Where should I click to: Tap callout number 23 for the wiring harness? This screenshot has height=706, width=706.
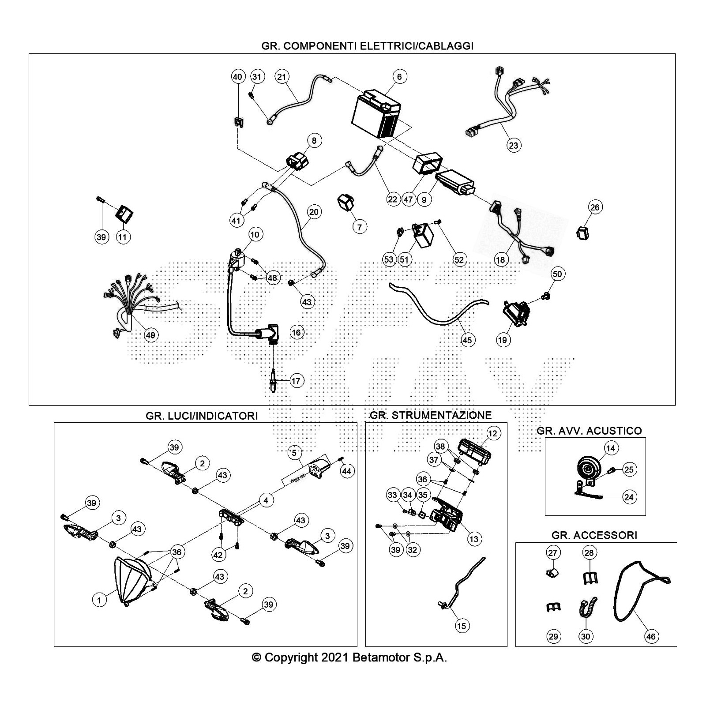pyautogui.click(x=514, y=145)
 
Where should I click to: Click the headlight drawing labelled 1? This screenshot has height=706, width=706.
pyautogui.click(x=131, y=582)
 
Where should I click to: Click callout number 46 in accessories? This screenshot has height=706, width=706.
pyautogui.click(x=651, y=636)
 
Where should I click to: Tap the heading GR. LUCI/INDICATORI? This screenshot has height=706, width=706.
pyautogui.click(x=202, y=416)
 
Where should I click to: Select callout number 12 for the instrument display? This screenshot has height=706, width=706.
pyautogui.click(x=493, y=433)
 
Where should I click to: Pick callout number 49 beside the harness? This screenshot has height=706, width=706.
pyautogui.click(x=150, y=335)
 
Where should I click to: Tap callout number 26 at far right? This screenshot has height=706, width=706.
pyautogui.click(x=595, y=207)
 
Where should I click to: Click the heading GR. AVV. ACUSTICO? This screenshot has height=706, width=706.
pyautogui.click(x=589, y=431)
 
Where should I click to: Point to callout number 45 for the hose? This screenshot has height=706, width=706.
pyautogui.click(x=467, y=339)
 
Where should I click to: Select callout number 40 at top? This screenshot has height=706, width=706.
pyautogui.click(x=237, y=77)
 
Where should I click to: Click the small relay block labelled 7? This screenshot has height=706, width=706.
pyautogui.click(x=345, y=204)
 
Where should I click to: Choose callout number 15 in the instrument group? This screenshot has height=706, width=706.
pyautogui.click(x=461, y=625)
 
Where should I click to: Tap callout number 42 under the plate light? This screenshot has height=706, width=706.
pyautogui.click(x=218, y=555)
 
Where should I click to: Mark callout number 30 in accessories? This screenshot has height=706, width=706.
pyautogui.click(x=586, y=636)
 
